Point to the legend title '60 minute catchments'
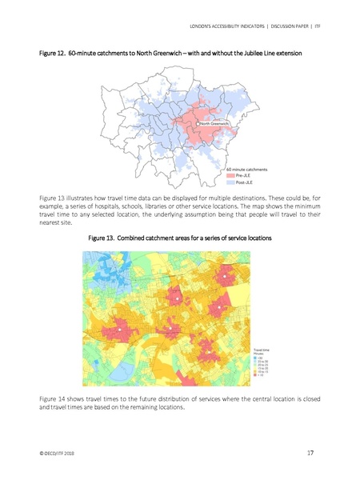[x=246, y=169]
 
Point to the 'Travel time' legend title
[x=262, y=350]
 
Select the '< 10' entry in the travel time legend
[x=261, y=375]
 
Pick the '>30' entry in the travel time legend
[x=260, y=357]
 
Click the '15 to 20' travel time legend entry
[x=262, y=368]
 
